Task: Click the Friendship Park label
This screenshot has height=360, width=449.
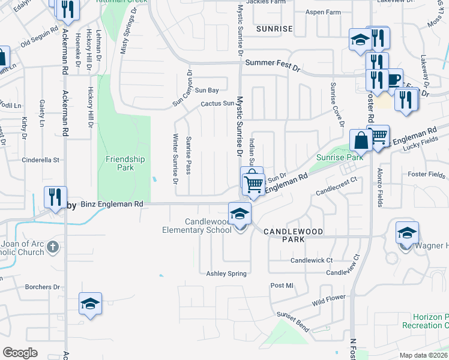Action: click(125, 163)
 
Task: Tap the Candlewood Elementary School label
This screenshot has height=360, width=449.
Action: click(197, 226)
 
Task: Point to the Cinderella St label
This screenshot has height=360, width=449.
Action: click(41, 160)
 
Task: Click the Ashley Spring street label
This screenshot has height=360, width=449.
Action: click(226, 274)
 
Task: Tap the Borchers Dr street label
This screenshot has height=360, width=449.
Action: click(43, 287)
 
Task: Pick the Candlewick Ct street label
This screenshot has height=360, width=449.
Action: click(312, 260)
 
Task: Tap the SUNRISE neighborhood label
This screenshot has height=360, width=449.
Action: click(274, 28)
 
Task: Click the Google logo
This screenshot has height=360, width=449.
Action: click(20, 352)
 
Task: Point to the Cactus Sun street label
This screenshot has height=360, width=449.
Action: click(217, 103)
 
